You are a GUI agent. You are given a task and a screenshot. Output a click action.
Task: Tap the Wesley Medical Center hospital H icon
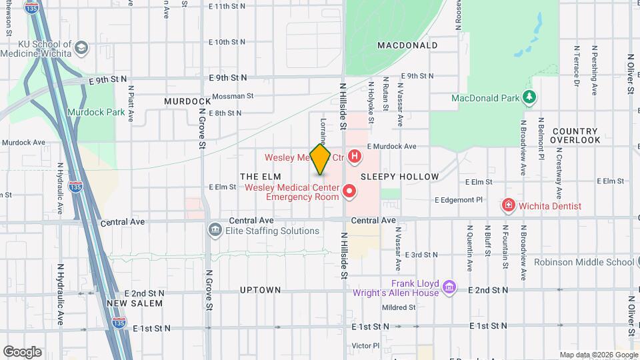click(355, 157)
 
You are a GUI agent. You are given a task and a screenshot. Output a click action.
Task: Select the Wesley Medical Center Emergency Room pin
click(349, 193)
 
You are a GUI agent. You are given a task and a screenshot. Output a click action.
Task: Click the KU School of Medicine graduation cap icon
click(81, 48)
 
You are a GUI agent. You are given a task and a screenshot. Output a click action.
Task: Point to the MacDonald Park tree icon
click(529, 98)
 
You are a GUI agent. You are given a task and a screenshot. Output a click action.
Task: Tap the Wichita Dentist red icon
click(509, 205)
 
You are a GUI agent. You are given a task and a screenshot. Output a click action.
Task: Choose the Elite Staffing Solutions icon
click(215, 231)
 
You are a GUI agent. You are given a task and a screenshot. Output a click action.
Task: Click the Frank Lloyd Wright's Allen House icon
click(449, 287)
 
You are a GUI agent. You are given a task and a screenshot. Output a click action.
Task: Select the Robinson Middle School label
click(583, 262)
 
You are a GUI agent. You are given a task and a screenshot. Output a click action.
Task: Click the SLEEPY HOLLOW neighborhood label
click(400, 177)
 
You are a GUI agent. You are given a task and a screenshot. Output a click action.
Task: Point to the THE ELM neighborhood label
click(257, 175)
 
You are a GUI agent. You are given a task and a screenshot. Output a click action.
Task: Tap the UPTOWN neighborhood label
click(261, 290)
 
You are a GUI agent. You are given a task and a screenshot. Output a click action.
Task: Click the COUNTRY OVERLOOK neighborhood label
click(576, 135)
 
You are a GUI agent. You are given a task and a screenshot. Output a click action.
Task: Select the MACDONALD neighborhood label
click(407, 45)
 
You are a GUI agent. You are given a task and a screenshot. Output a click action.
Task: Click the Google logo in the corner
click(22, 352)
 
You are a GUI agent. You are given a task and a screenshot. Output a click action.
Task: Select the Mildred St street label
click(399, 307)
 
